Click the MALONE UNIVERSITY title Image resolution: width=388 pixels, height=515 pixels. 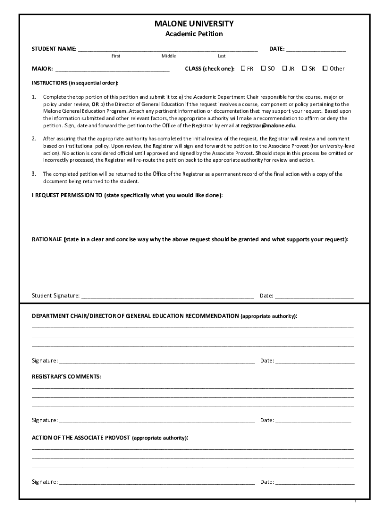[194, 24]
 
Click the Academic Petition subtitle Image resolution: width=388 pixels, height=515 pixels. [194, 34]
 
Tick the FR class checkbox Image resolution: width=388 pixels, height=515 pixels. [243, 68]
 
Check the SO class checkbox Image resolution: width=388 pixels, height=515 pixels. [264, 68]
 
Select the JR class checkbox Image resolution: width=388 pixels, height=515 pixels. [285, 68]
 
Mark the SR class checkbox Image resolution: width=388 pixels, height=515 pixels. [305, 68]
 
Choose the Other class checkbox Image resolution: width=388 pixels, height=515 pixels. [325, 68]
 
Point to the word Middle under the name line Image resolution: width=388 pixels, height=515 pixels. [169, 56]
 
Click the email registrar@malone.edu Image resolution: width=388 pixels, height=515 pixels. [268, 126]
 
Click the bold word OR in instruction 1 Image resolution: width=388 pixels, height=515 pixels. [95, 104]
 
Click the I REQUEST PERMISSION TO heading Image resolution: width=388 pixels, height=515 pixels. [67, 195]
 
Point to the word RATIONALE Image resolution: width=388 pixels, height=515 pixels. [47, 240]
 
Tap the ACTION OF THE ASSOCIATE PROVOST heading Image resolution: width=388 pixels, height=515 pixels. [81, 437]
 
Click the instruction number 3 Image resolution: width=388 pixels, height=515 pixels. [34, 174]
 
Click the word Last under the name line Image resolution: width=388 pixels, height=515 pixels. [222, 56]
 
